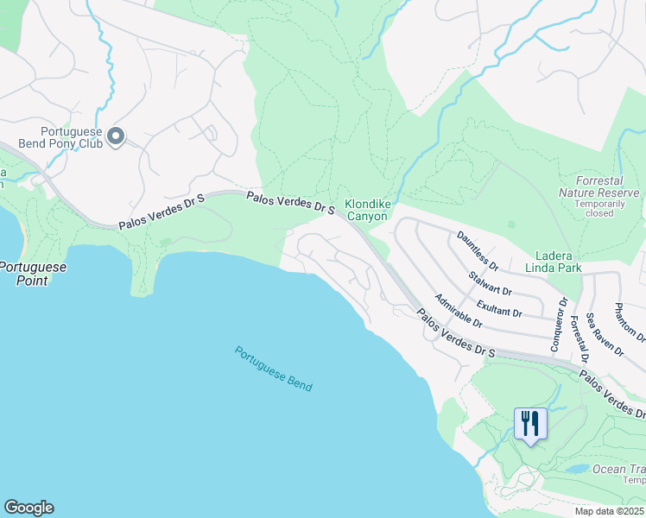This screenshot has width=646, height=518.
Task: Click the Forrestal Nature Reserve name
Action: [598, 186]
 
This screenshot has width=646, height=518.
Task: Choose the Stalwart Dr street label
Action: [490, 283]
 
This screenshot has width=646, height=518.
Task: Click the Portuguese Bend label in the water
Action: [273, 369]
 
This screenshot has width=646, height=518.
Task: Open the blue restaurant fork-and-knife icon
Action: [530, 424]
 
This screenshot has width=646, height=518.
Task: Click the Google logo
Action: [28, 508]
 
